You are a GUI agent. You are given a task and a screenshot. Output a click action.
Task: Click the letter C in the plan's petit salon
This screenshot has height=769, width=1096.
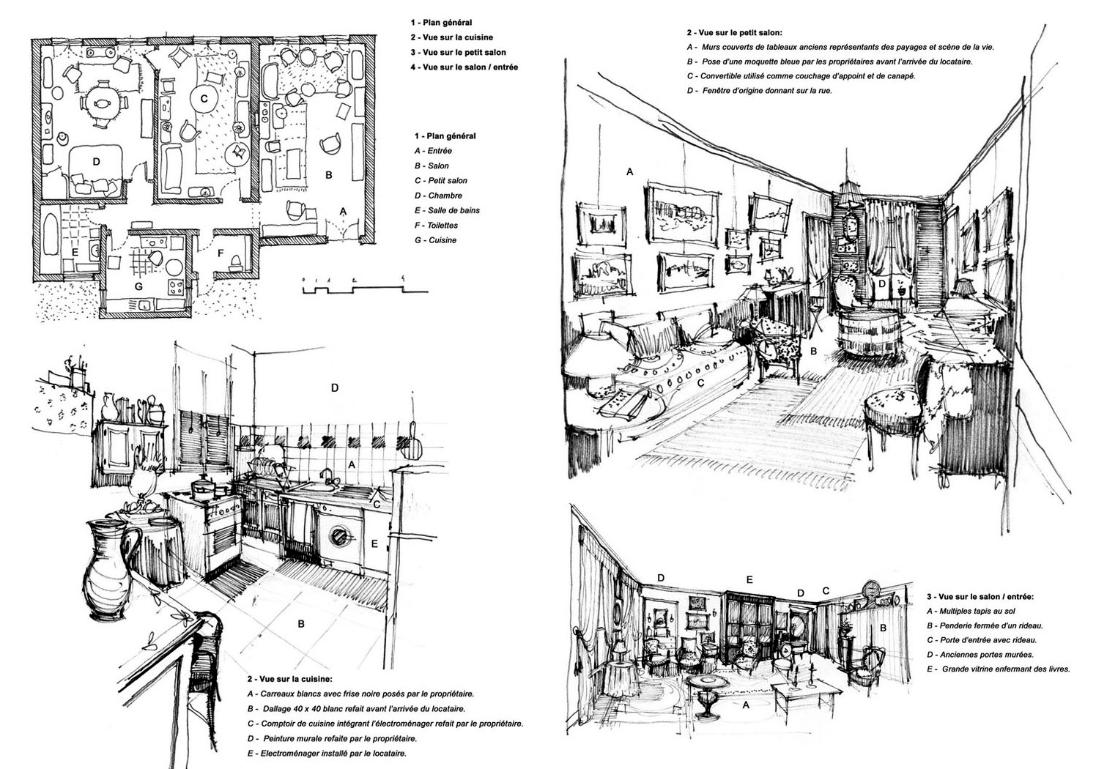204,98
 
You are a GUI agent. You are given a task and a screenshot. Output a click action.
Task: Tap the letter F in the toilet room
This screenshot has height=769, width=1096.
220,253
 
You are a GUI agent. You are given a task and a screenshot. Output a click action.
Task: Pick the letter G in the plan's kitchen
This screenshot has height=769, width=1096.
138,286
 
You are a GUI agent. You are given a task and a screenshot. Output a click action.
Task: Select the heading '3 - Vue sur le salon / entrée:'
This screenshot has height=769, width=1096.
980,597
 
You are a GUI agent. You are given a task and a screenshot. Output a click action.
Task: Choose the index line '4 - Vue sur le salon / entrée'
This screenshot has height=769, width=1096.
464,67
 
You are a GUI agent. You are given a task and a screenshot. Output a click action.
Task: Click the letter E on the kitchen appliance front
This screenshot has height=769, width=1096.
374,543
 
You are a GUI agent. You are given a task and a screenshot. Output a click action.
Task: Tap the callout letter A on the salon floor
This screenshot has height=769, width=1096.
746,705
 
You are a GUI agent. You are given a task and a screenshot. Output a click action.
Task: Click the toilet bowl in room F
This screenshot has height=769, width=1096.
234,262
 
